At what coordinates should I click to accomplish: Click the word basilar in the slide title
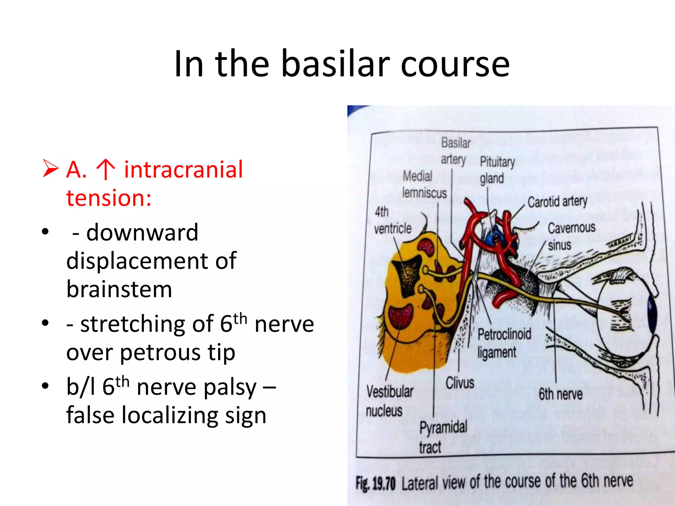[336, 64]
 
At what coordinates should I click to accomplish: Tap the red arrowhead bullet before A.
[50, 168]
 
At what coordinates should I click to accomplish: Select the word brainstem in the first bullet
[119, 289]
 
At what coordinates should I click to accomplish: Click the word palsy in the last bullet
[229, 387]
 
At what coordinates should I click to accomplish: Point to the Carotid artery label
[557, 202]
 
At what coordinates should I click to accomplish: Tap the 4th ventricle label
[392, 220]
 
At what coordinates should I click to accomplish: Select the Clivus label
[460, 383]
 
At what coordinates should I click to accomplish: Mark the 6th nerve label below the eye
[560, 394]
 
